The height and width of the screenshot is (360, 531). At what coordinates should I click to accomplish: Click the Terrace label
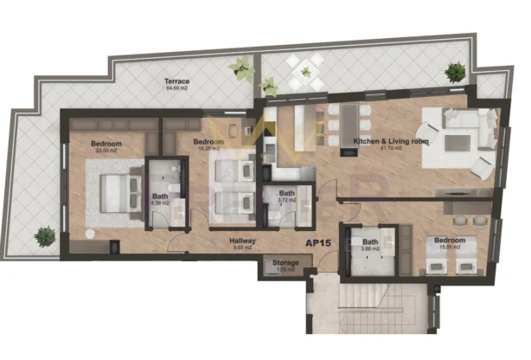click(x=176, y=80)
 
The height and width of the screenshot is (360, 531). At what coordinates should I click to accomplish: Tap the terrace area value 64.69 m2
click(x=176, y=87)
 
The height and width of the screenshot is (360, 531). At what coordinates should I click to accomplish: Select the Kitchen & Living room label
click(x=378, y=141)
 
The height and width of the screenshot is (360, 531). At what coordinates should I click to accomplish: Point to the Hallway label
click(x=241, y=241)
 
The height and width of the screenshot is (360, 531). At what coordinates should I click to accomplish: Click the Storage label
click(x=285, y=262)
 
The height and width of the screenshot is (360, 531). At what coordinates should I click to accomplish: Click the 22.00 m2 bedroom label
click(x=105, y=143)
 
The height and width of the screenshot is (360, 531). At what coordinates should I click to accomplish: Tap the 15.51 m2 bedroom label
click(x=449, y=240)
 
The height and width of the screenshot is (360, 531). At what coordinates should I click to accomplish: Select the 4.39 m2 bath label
click(x=161, y=196)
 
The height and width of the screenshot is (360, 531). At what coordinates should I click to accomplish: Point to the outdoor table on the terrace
click(x=304, y=72)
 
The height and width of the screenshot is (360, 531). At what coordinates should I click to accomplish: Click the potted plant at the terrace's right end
click(x=454, y=73)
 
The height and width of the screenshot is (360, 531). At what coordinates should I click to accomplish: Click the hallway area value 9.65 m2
click(x=241, y=248)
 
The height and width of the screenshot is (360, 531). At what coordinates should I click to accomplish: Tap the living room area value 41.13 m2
click(x=378, y=149)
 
